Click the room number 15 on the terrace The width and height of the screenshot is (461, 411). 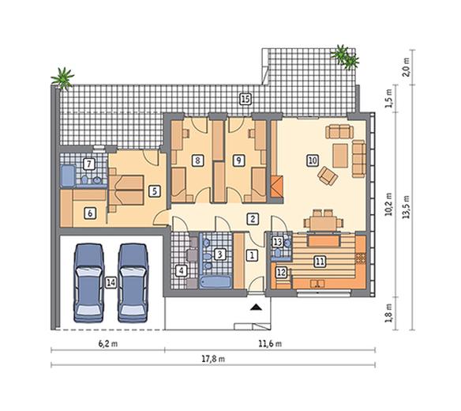point(245,100)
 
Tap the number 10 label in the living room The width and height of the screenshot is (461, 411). point(313,160)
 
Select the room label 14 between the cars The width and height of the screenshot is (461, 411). point(111,283)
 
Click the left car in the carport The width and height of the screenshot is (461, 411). point(89,283)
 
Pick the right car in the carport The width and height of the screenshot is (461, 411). point(133,283)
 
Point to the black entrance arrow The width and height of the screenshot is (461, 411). point(257,307)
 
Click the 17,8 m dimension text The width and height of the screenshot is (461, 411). point(213,359)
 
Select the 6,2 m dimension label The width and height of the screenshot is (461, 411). point(108,344)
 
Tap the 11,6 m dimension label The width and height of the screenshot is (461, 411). point(270,344)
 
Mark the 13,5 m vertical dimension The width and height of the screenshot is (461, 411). point(406,206)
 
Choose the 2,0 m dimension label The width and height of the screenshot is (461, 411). point(406,67)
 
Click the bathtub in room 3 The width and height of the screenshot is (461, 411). point(216,281)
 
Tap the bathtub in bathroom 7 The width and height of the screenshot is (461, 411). point(68,176)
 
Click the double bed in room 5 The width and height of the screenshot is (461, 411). point(126,190)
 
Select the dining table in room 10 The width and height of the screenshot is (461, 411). point(323,224)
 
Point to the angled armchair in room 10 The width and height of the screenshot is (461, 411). point(328,175)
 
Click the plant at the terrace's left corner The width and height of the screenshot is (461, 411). point(62,78)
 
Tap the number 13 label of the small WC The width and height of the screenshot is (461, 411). point(278,242)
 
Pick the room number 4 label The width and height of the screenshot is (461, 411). point(181,271)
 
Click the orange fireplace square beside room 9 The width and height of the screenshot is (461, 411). point(276,187)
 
